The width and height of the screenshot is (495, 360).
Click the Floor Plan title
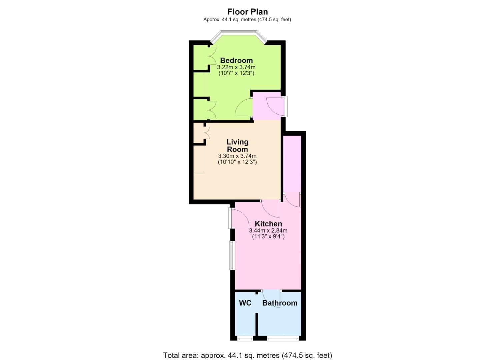tap(247, 11)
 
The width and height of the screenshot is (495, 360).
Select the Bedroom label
tap(236, 60)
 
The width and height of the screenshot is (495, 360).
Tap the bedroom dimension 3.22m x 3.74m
tap(236, 67)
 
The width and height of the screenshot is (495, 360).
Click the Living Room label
tap(238, 145)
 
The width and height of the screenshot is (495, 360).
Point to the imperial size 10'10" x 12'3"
tap(237, 162)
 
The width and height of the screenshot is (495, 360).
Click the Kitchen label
tap(268, 224)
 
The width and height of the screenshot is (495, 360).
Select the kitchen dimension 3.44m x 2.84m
tap(268, 230)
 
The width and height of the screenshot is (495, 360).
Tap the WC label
tap(245, 303)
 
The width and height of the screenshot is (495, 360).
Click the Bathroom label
tap(280, 303)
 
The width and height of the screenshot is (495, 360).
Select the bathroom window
tap(283, 339)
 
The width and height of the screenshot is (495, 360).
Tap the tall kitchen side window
tap(232, 255)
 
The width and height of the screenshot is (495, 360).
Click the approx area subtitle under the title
tap(247, 19)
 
